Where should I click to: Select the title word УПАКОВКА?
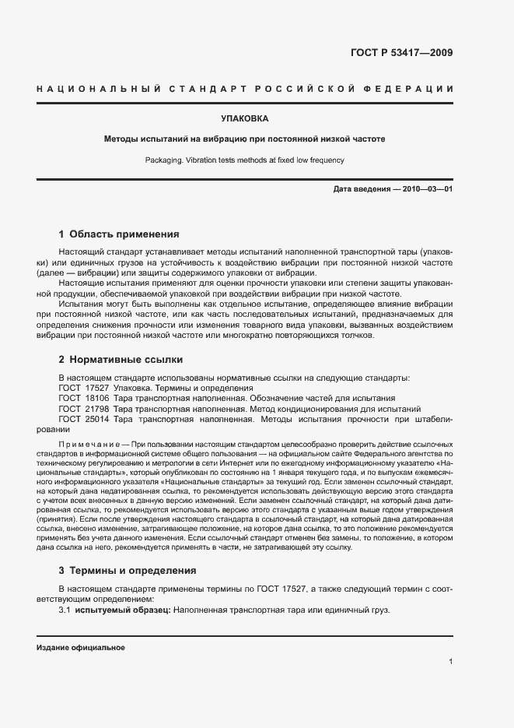tap(245, 119)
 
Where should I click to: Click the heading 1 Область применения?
tap(120, 234)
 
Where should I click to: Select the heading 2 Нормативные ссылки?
tap(121, 360)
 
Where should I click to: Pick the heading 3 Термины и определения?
tap(128, 571)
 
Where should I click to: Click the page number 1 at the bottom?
tap(451, 662)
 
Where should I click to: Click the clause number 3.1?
tap(65, 610)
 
